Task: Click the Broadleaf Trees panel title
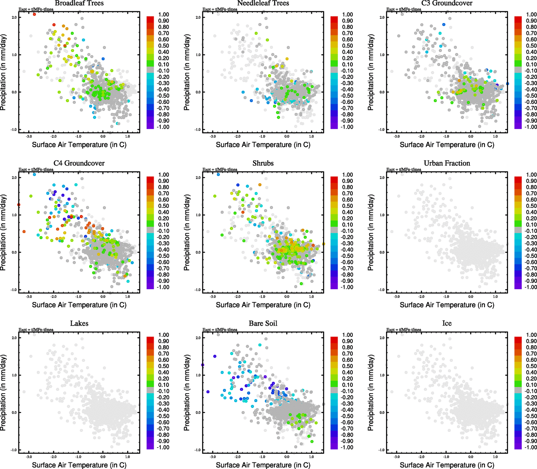(x=79, y=3)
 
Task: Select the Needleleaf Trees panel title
(x=263, y=3)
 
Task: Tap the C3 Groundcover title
(x=447, y=3)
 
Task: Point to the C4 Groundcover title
(x=79, y=163)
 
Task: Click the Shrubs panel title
(x=263, y=163)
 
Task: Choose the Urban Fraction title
(x=447, y=163)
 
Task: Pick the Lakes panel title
(x=79, y=323)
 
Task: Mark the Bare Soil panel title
(x=263, y=323)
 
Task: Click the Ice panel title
(x=447, y=323)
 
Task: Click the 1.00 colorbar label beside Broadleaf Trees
(x=163, y=14)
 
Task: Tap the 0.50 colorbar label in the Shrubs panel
(x=347, y=206)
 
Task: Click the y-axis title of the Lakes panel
(x=4, y=393)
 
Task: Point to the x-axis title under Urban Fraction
(x=447, y=305)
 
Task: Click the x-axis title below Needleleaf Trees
(x=263, y=145)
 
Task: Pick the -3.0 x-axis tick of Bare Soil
(x=213, y=456)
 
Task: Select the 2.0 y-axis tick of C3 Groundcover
(x=381, y=18)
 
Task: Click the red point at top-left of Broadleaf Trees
(x=34, y=14)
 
